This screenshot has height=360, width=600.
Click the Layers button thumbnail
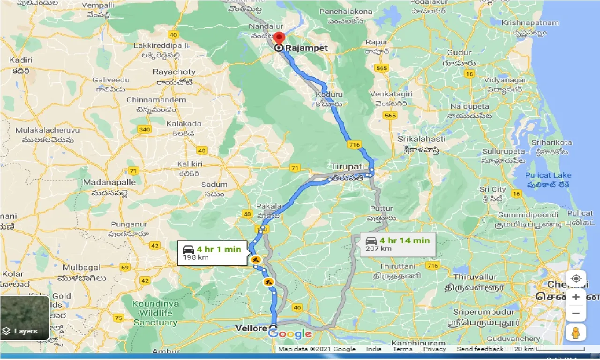(25, 318)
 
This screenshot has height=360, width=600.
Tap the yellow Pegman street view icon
(576, 332)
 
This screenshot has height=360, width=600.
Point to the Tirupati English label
(347, 167)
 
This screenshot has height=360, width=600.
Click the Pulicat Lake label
(548, 175)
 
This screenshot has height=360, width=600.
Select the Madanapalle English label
(109, 182)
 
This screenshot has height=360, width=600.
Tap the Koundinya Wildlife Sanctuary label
(155, 313)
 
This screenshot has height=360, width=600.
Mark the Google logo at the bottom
(290, 334)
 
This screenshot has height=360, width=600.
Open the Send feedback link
(480, 349)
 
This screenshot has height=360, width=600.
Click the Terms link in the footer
(402, 349)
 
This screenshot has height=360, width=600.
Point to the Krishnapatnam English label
(530, 22)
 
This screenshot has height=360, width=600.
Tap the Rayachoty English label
(174, 72)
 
